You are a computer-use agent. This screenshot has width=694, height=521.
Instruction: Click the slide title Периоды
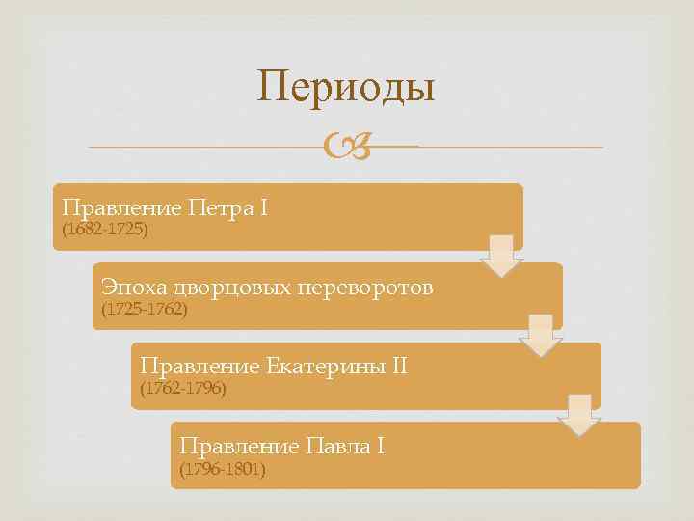pyautogui.click(x=346, y=87)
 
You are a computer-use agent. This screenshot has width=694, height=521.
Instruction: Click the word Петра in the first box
pyautogui.click(x=219, y=207)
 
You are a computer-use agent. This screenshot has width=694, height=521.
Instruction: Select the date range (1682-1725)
pyautogui.click(x=104, y=231)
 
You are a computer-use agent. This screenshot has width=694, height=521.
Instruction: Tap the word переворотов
pyautogui.click(x=366, y=287)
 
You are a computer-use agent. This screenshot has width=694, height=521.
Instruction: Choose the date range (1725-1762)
pyautogui.click(x=145, y=310)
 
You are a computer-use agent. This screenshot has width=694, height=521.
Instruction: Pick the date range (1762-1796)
pyautogui.click(x=184, y=389)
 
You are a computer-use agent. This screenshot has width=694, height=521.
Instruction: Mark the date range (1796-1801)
pyautogui.click(x=223, y=469)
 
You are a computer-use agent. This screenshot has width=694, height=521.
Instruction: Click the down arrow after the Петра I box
pyautogui.click(x=500, y=256)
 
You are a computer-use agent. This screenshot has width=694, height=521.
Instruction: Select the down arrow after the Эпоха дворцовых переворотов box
pyautogui.click(x=540, y=336)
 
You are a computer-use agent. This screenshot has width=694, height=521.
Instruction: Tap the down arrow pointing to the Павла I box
pyautogui.click(x=579, y=415)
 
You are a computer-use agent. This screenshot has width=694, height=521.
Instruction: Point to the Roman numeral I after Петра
pyautogui.click(x=263, y=207)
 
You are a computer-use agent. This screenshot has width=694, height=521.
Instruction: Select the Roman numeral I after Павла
pyautogui.click(x=380, y=446)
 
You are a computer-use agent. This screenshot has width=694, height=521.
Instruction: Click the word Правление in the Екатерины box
pyautogui.click(x=200, y=367)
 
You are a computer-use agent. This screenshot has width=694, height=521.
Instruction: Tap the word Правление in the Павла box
pyautogui.click(x=239, y=446)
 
